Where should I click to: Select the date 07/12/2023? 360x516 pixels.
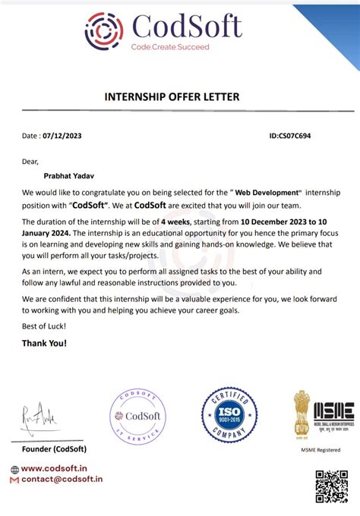(65, 136)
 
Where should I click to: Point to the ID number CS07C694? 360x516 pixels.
(289, 136)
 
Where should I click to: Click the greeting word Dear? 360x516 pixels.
(30, 161)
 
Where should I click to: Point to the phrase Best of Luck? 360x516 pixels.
(44, 326)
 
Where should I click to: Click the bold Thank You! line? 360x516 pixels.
(45, 343)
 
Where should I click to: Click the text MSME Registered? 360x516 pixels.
(323, 449)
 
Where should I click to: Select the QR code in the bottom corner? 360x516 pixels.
(331, 487)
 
